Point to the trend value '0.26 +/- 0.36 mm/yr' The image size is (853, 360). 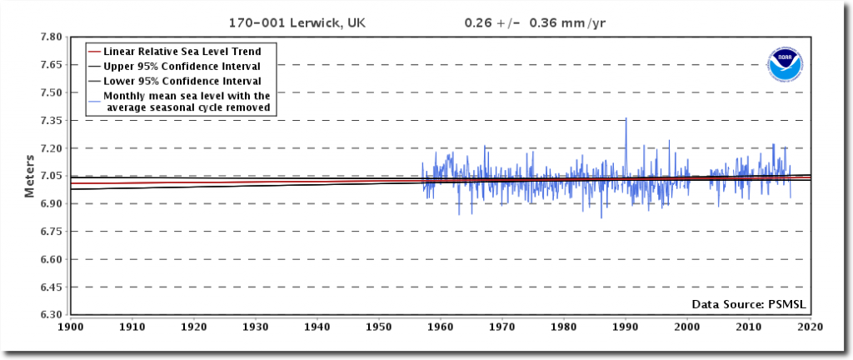click(x=535, y=22)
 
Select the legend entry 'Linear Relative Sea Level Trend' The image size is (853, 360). click(x=189, y=51)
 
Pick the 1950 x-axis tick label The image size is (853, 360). click(x=379, y=327)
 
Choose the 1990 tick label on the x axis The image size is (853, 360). click(x=626, y=327)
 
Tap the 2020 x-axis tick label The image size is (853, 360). click(x=810, y=327)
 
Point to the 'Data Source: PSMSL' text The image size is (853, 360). click(x=750, y=304)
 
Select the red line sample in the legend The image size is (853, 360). click(x=93, y=51)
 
